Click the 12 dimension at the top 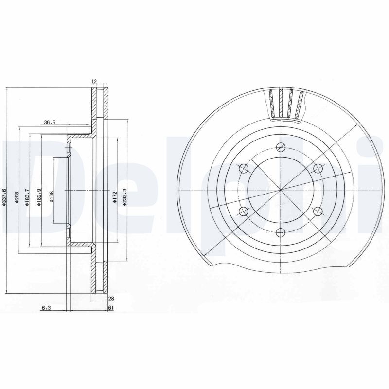pos(94,82)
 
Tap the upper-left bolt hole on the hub pos(244,168)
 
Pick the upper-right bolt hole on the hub pos(318,168)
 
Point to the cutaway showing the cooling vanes pos(286,104)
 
